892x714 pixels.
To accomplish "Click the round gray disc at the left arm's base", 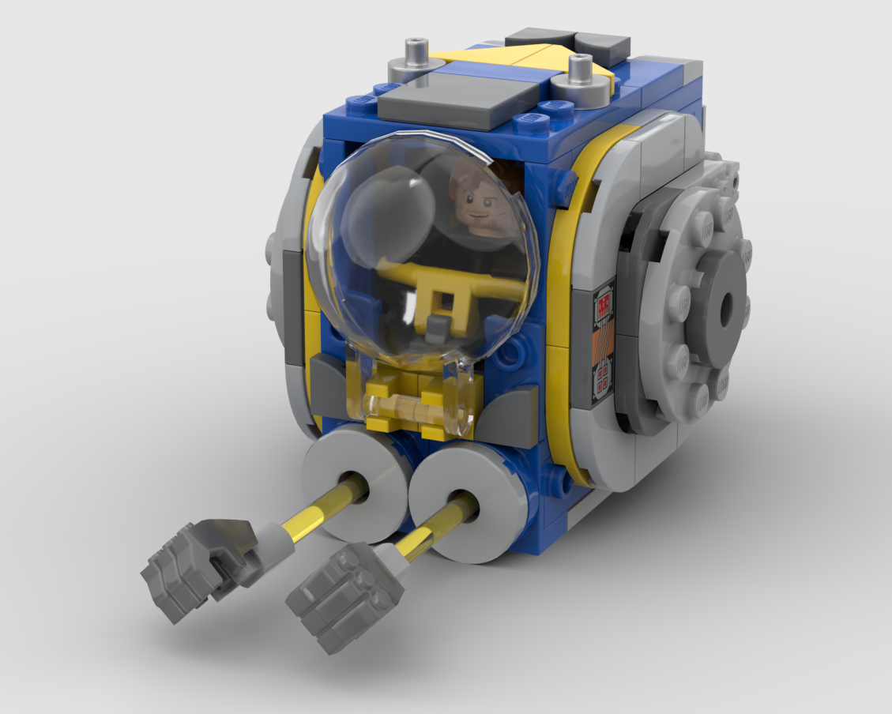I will coord(356,482).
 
